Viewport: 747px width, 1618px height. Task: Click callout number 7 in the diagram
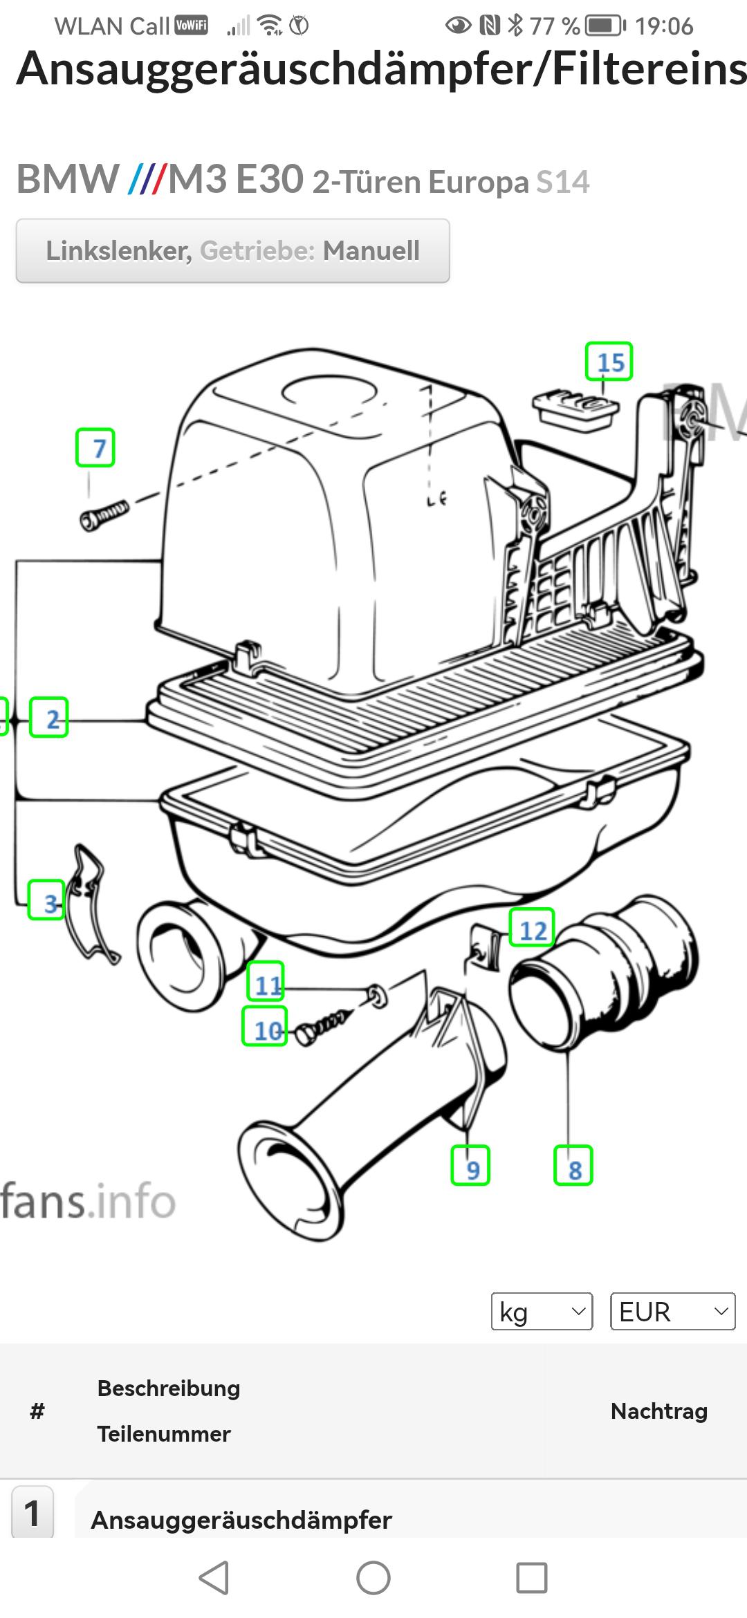(95, 448)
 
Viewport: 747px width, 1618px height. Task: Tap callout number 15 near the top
(609, 362)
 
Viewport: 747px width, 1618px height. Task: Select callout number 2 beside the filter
(48, 718)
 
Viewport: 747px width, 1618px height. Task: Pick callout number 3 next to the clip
(46, 900)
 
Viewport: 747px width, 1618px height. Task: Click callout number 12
(532, 928)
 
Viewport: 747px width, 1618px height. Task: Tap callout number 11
(266, 981)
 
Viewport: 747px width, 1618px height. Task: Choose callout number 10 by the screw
(264, 1026)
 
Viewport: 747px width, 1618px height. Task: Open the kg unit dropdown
(542, 1311)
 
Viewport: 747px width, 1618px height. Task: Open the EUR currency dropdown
(672, 1311)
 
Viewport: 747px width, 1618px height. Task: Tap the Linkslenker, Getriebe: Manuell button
(232, 251)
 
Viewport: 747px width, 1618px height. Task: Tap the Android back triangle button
(214, 1578)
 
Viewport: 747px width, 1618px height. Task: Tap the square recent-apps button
(532, 1578)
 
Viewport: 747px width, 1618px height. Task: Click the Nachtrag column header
(658, 1411)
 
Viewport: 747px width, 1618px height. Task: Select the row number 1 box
(33, 1513)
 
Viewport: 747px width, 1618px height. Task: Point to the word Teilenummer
(164, 1434)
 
